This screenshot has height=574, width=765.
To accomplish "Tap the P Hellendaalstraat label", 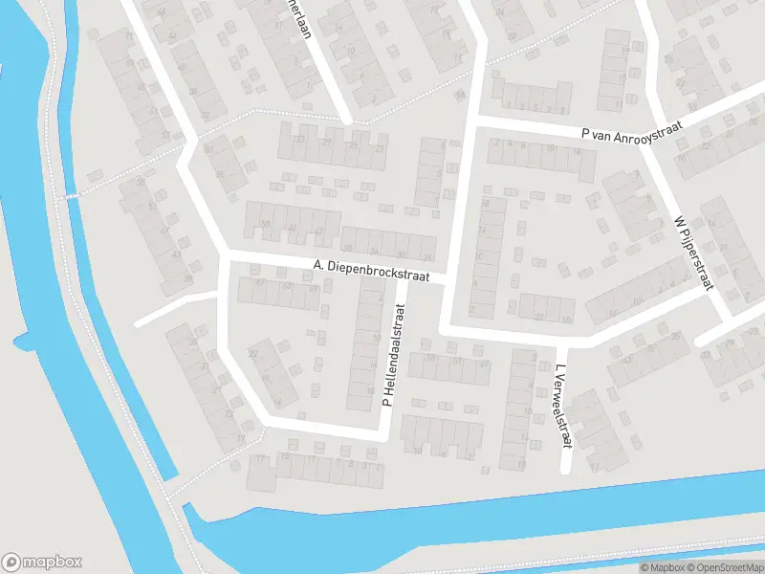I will [394, 356].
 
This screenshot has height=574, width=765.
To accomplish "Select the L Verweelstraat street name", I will [561, 406].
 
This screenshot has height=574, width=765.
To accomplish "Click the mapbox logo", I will [42, 563].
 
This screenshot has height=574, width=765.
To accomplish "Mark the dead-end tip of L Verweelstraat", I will [565, 468].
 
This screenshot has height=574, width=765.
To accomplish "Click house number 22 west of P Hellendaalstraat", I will [253, 353].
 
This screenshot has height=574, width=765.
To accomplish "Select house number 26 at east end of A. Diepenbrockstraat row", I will [427, 257].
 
